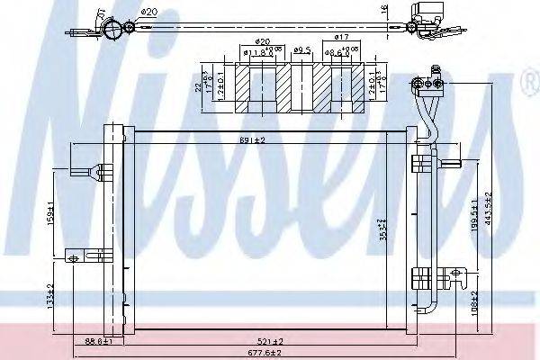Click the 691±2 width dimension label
[251, 140]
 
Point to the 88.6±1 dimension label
[96, 341]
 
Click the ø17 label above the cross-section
[341, 37]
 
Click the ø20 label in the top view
[149, 12]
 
